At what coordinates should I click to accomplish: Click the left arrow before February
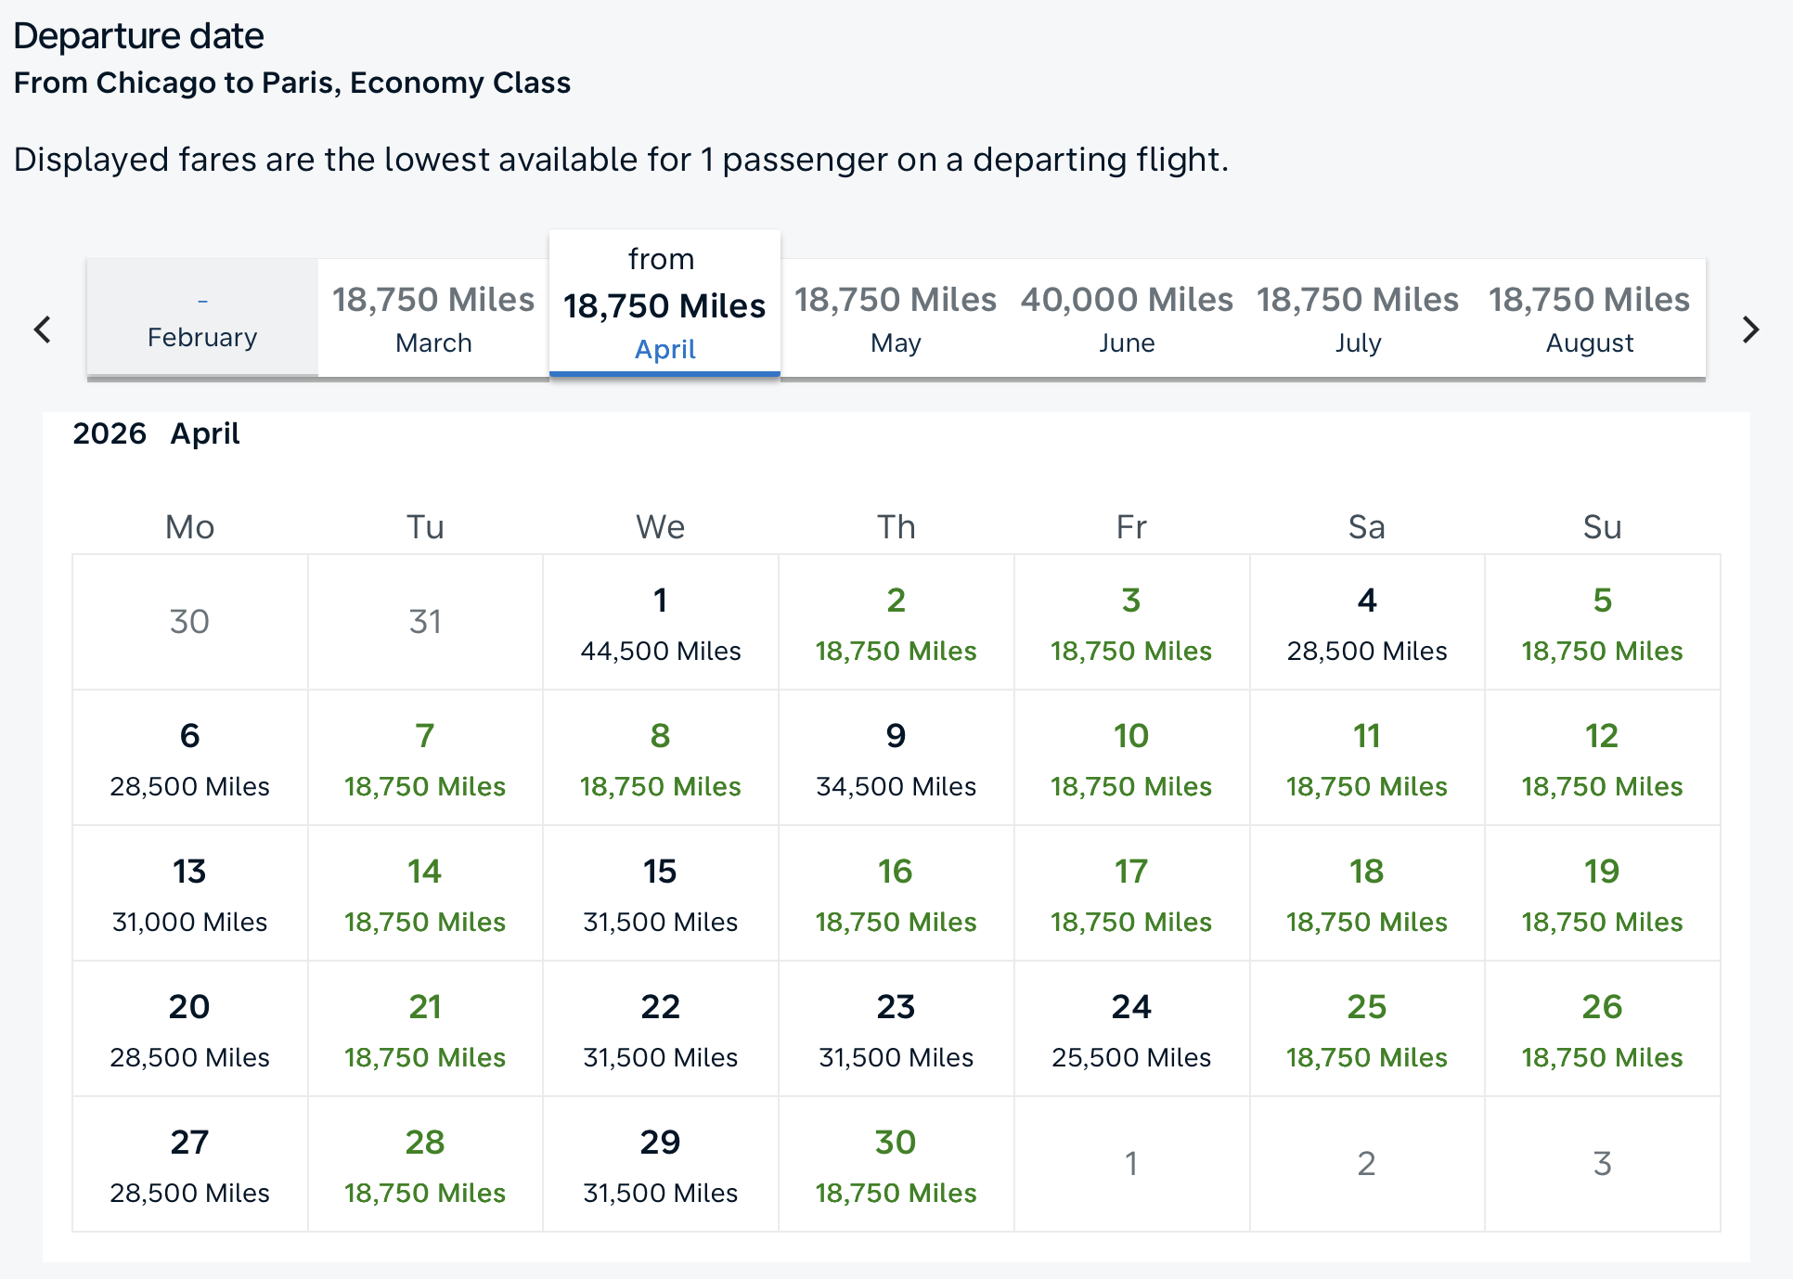pos(42,329)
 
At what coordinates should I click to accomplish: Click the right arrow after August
pos(1750,329)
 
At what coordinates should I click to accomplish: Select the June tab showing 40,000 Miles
pos(1127,318)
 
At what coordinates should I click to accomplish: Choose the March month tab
pos(433,318)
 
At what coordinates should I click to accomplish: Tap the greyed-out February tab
pos(202,318)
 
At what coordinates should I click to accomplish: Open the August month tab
pos(1589,318)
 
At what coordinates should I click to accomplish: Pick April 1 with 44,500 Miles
pos(660,623)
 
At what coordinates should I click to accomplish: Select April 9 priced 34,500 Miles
pos(896,758)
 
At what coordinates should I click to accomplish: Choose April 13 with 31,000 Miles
pos(189,894)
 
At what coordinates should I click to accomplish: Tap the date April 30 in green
pos(896,1165)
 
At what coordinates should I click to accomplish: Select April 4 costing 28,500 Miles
pos(1366,623)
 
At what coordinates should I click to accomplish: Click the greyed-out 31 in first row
pos(425,622)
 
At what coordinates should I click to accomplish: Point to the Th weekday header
pos(896,527)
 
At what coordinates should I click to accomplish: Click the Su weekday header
pos(1602,527)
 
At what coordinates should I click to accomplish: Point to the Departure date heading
pos(139,36)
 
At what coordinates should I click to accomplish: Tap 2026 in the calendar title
pos(110,433)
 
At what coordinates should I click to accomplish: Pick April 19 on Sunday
pos(1602,894)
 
